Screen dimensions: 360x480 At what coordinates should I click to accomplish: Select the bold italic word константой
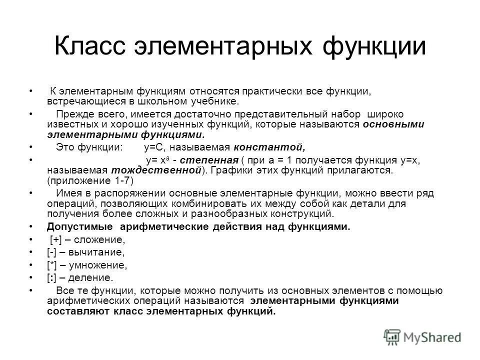(268, 147)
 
